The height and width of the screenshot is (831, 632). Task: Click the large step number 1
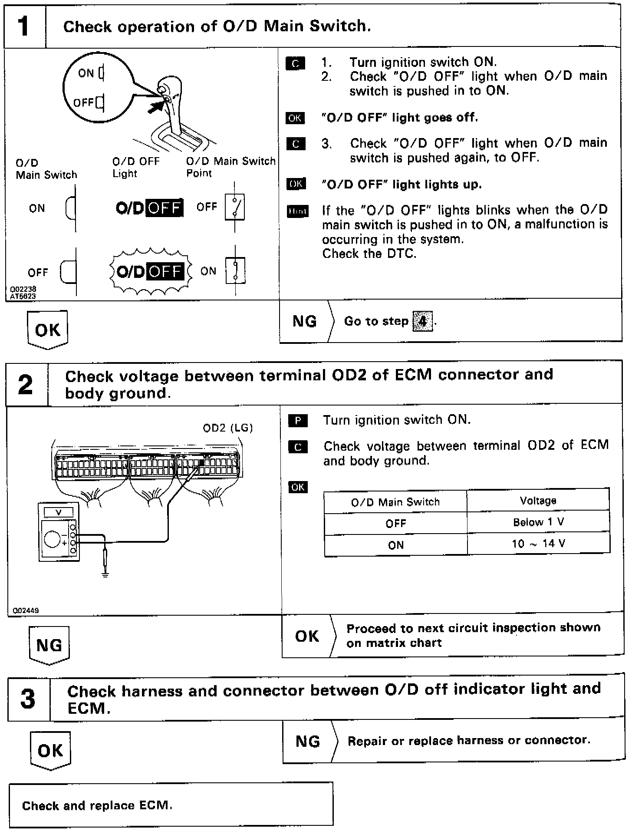coord(24,26)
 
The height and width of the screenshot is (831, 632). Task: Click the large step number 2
coord(26,384)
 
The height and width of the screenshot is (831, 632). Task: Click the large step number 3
coord(28,699)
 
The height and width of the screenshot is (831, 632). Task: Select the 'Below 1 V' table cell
coord(538,522)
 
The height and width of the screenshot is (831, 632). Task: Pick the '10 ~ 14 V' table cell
coord(538,544)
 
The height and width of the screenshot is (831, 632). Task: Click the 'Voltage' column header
coord(538,501)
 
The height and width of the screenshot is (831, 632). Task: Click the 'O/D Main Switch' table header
coord(395,502)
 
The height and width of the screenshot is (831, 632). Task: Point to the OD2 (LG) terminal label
coord(227,428)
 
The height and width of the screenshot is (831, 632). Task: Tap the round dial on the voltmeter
coord(53,539)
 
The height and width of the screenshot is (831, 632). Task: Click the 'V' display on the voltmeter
coord(59,512)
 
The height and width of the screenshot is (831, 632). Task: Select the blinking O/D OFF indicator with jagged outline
coord(150,272)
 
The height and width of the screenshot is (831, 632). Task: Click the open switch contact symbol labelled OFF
coord(235,207)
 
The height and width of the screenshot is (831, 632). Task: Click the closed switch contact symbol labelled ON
coord(235,271)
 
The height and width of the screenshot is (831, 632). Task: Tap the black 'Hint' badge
coord(297,211)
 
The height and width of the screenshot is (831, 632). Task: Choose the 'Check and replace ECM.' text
coord(97,806)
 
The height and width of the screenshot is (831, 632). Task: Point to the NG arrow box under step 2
coord(49,645)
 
